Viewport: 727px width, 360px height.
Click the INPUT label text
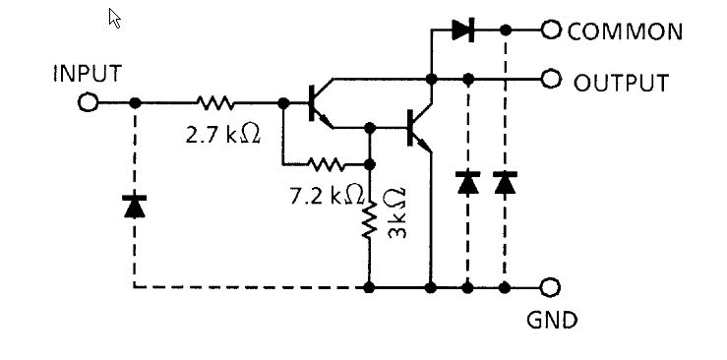pos(87,74)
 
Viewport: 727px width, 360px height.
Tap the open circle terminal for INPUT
pos(90,102)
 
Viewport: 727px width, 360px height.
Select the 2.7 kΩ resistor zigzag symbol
pos(214,102)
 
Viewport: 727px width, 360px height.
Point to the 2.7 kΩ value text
pos(223,133)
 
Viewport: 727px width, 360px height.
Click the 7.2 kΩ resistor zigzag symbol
pos(324,163)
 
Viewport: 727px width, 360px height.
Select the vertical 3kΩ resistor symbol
pos(370,222)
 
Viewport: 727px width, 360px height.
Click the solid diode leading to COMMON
pos(463,30)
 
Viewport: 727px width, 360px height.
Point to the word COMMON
pos(625,31)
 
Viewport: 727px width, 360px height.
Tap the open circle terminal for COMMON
pos(550,30)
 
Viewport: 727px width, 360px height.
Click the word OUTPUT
pos(621,82)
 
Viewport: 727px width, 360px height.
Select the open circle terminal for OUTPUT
pos(550,78)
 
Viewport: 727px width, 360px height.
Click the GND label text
pos(552,320)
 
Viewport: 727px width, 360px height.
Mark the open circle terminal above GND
pos(550,287)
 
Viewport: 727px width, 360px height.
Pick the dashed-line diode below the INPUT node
pos(135,206)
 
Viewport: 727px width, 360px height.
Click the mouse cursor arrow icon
pos(114,18)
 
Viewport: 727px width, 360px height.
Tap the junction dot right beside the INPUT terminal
pos(135,102)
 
